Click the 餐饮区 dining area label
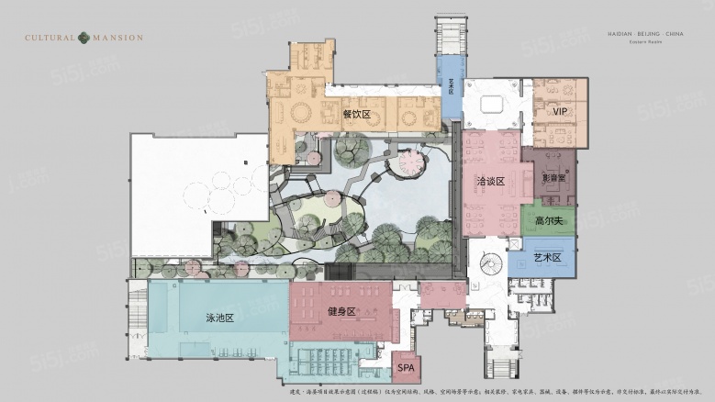355,115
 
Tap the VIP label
560,112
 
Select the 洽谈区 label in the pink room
491,181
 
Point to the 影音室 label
553,178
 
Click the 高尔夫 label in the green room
548,222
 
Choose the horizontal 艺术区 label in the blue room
547,258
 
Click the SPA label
407,368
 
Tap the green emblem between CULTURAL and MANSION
84,38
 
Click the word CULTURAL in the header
50,38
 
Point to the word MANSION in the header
117,38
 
